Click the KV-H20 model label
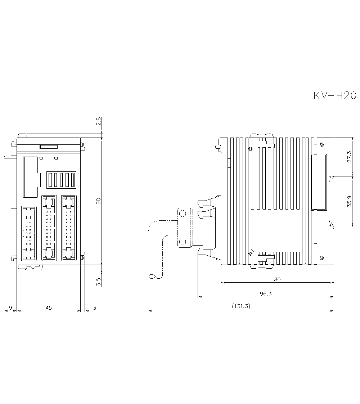tap(334, 95)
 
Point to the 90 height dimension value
tap(99, 201)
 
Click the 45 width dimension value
tap(49, 308)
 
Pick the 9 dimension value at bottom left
tap(10, 308)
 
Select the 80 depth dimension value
tap(277, 279)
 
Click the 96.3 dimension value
tap(266, 293)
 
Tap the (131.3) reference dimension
tap(241, 306)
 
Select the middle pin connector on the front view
tap(49, 228)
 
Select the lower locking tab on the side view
tap(266, 258)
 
